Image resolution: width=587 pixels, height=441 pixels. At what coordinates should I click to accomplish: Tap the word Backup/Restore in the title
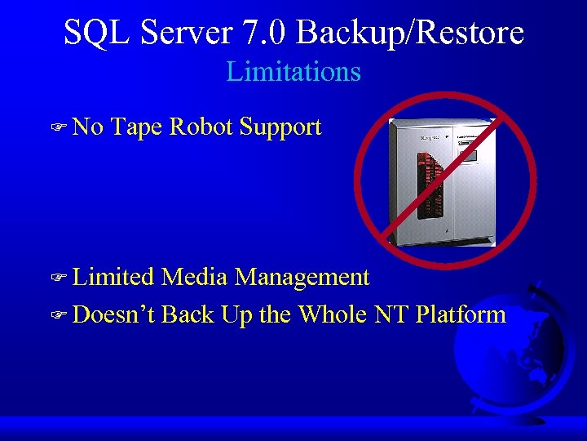click(x=410, y=33)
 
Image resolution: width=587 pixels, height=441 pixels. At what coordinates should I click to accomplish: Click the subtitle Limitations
click(x=293, y=72)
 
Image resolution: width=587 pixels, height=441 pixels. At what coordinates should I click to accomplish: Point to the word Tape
click(x=137, y=127)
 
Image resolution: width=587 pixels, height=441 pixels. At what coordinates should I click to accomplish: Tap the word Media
click(x=195, y=278)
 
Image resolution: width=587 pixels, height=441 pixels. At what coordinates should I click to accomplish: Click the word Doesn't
click(x=114, y=314)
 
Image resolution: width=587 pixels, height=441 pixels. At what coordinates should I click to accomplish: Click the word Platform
click(x=461, y=314)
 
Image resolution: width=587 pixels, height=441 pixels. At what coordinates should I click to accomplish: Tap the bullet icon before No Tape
click(x=58, y=128)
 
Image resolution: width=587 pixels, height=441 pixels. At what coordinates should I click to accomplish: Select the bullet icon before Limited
click(x=58, y=278)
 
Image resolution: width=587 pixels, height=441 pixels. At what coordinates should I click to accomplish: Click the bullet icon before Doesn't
click(x=58, y=315)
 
